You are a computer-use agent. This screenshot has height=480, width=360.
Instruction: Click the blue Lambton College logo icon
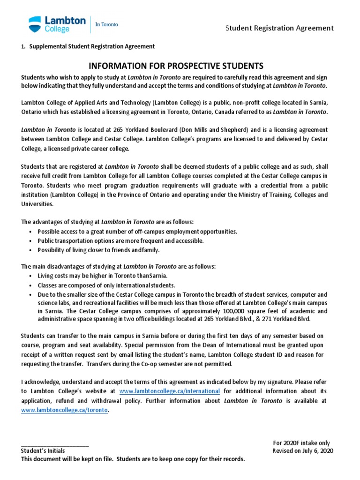click(x=35, y=24)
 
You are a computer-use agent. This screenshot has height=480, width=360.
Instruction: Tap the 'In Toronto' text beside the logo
click(x=107, y=24)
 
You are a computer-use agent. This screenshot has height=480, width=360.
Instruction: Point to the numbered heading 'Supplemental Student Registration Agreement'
click(x=92, y=46)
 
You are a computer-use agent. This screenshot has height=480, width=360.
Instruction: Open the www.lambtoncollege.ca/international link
click(x=170, y=391)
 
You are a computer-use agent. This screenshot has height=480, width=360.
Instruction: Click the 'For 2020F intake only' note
click(x=301, y=443)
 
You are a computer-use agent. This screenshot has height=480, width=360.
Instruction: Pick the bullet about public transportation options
click(x=120, y=240)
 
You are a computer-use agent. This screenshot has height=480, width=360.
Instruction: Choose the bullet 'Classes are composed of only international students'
click(x=106, y=285)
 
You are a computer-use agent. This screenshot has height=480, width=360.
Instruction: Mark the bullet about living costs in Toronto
click(x=102, y=276)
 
